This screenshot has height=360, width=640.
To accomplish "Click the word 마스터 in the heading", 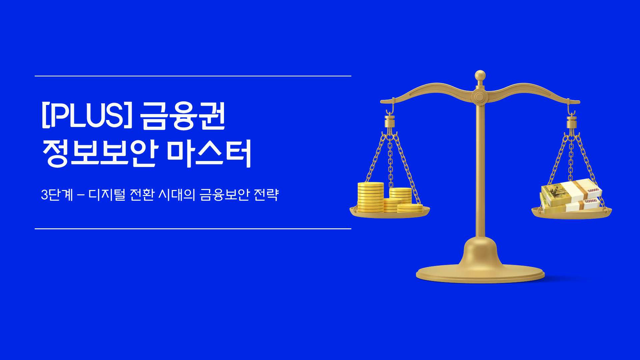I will [209, 153].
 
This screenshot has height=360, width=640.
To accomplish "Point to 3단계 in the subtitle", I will [57, 195].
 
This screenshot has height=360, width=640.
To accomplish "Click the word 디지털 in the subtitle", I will [107, 195].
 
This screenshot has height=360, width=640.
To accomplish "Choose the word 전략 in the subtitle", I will [266, 195].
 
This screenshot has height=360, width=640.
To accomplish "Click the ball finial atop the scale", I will [480, 75].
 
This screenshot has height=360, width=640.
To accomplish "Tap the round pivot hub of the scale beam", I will [479, 97].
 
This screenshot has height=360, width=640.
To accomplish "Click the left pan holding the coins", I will [389, 214].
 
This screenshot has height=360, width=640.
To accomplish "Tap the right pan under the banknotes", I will [571, 214].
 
